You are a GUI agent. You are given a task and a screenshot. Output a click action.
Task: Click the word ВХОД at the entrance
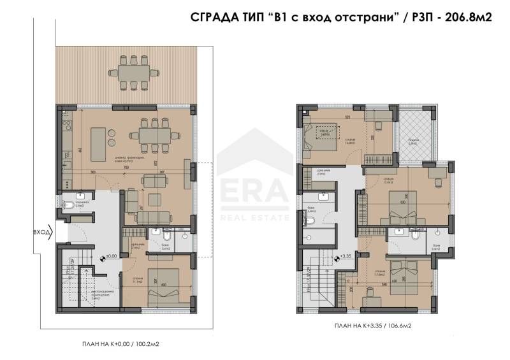tap(41, 233)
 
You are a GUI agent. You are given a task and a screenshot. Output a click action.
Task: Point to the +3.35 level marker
tap(346, 257)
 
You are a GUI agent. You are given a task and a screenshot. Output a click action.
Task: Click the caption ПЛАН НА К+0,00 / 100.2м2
tap(120, 344)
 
